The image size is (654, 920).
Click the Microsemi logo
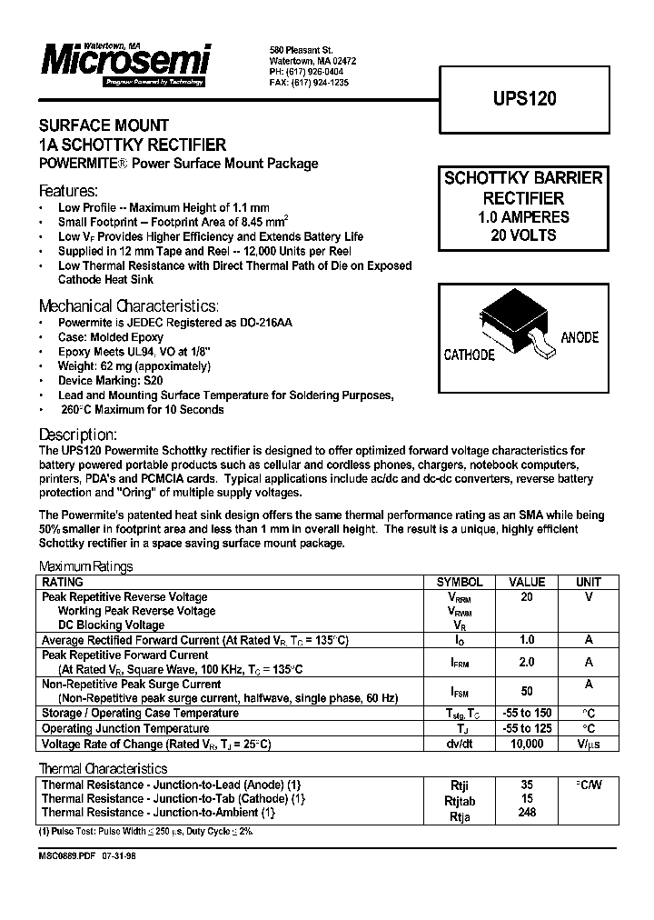coord(125,62)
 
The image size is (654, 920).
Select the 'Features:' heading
coord(68,192)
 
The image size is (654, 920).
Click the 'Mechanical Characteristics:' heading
coord(128,306)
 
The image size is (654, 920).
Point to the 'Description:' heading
coord(78,435)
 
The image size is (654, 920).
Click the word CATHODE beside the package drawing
coord(469,355)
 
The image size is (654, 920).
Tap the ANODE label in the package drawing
coord(580,337)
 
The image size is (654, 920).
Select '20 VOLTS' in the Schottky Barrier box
coord(523,235)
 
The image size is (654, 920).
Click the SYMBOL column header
coord(460,583)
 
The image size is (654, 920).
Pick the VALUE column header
coord(527,583)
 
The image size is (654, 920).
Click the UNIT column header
coord(589,583)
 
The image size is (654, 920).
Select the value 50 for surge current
coord(527,691)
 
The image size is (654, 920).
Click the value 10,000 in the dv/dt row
coord(527,744)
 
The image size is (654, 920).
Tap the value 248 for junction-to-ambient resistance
coord(527,813)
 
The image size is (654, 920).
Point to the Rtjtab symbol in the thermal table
coord(460,801)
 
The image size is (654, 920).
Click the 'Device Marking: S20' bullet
coord(110,381)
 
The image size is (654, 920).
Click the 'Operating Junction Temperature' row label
coord(126,729)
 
